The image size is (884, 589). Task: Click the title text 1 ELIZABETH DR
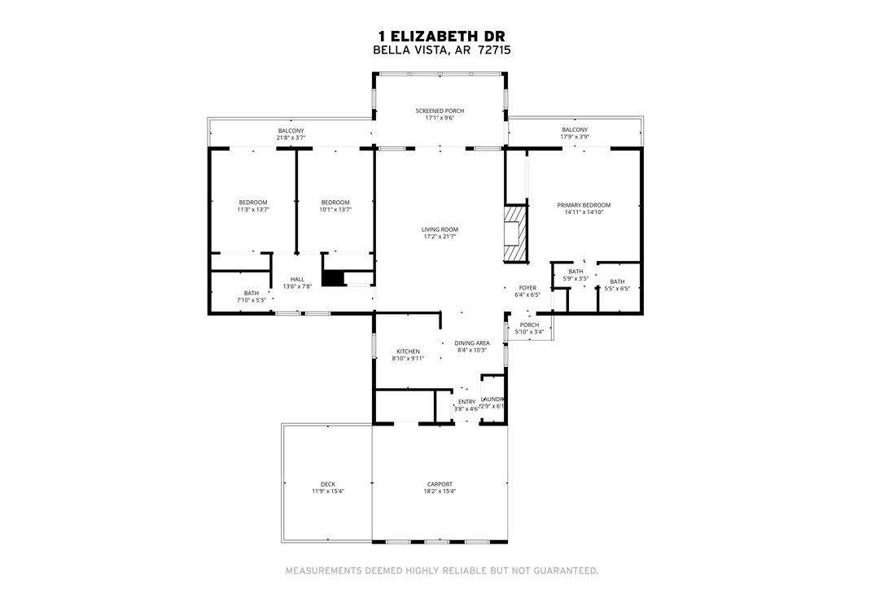pyautogui.click(x=441, y=36)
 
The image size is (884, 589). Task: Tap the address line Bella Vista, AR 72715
pyautogui.click(x=441, y=50)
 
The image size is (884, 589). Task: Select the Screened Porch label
pyautogui.click(x=440, y=111)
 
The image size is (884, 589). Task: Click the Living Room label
pyautogui.click(x=440, y=229)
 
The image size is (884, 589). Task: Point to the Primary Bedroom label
pyautogui.click(x=583, y=205)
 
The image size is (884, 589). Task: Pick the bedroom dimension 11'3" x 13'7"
pyautogui.click(x=252, y=210)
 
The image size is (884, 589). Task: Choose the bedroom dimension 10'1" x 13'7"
pyautogui.click(x=335, y=210)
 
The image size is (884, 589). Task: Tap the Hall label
pyautogui.click(x=297, y=279)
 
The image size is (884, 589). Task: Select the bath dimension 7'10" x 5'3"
pyautogui.click(x=251, y=300)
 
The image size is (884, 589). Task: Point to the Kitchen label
pyautogui.click(x=408, y=351)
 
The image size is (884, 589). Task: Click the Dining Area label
pyautogui.click(x=471, y=343)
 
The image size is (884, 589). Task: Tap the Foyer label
pyautogui.click(x=528, y=288)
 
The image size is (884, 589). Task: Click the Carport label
pyautogui.click(x=440, y=484)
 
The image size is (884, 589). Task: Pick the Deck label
pyautogui.click(x=327, y=484)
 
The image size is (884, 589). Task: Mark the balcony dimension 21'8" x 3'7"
pyautogui.click(x=291, y=137)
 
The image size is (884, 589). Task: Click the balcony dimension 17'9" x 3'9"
pyautogui.click(x=574, y=137)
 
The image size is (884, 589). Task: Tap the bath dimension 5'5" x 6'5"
pyautogui.click(x=617, y=289)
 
